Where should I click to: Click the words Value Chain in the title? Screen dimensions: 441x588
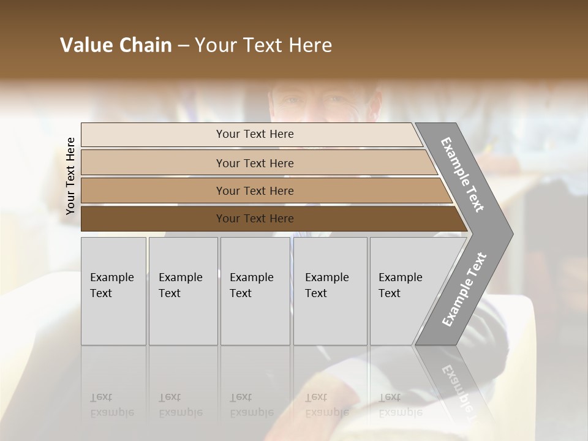tap(116, 45)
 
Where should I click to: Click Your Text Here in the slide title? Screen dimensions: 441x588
tap(263, 45)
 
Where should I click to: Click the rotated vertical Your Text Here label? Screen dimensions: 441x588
tap(70, 176)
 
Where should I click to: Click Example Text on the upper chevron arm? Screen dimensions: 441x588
tap(462, 175)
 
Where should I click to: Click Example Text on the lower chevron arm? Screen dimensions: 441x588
tap(464, 290)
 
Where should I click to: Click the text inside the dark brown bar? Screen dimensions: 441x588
tap(255, 219)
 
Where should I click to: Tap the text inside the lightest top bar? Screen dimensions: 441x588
tap(255, 134)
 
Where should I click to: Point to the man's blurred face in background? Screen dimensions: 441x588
tap(325, 101)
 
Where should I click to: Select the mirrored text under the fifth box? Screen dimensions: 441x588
tap(399, 404)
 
